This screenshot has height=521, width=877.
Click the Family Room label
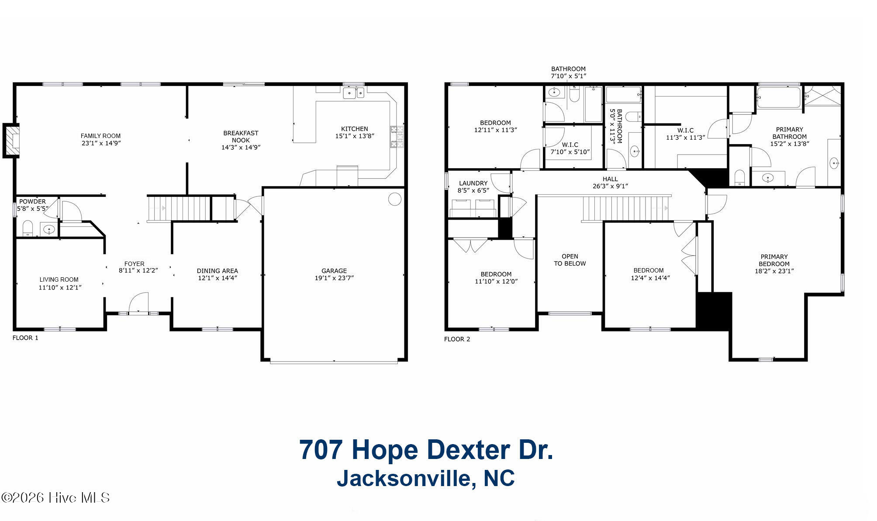point(100,136)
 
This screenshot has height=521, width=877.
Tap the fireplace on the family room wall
point(11,140)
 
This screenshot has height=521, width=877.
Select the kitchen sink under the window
point(353,93)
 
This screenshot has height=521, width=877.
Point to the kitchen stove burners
point(397,137)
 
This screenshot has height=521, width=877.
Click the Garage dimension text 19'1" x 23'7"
point(334,278)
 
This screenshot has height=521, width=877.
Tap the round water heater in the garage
point(394,199)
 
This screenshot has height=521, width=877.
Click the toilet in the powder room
point(28,228)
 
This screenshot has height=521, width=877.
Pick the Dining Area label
point(218,271)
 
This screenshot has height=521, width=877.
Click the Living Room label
point(59,279)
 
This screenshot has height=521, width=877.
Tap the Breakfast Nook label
point(241,137)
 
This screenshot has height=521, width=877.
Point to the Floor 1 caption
point(25,338)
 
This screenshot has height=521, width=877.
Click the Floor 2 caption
point(457,339)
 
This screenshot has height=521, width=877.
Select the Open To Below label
point(570,260)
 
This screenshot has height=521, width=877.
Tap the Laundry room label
point(473,183)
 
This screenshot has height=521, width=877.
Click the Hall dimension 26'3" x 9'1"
point(610,186)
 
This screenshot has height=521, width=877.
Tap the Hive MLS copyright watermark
point(55,497)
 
